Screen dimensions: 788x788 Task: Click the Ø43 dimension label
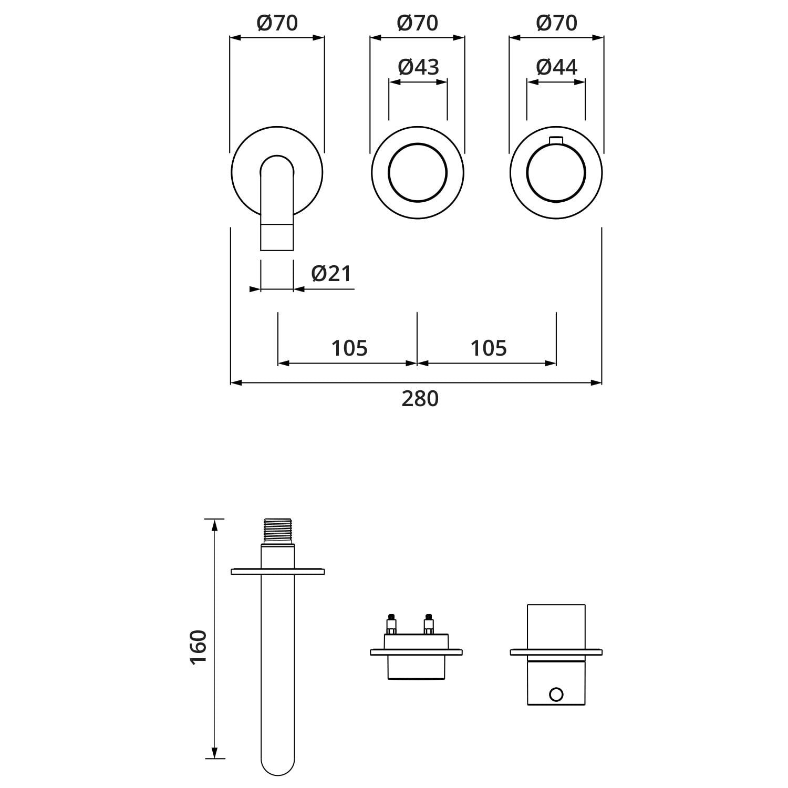click(x=418, y=67)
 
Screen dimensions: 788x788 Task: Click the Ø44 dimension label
click(x=556, y=67)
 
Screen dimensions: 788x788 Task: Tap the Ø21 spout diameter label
click(x=331, y=273)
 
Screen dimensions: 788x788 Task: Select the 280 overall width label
click(x=420, y=399)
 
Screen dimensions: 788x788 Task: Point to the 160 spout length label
click(x=199, y=647)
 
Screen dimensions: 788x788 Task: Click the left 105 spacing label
click(x=349, y=348)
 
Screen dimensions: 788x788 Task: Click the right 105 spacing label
click(x=489, y=348)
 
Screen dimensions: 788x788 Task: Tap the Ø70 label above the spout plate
click(x=277, y=23)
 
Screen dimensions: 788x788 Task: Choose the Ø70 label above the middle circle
click(x=418, y=23)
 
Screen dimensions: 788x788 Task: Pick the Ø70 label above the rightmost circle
click(x=557, y=23)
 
